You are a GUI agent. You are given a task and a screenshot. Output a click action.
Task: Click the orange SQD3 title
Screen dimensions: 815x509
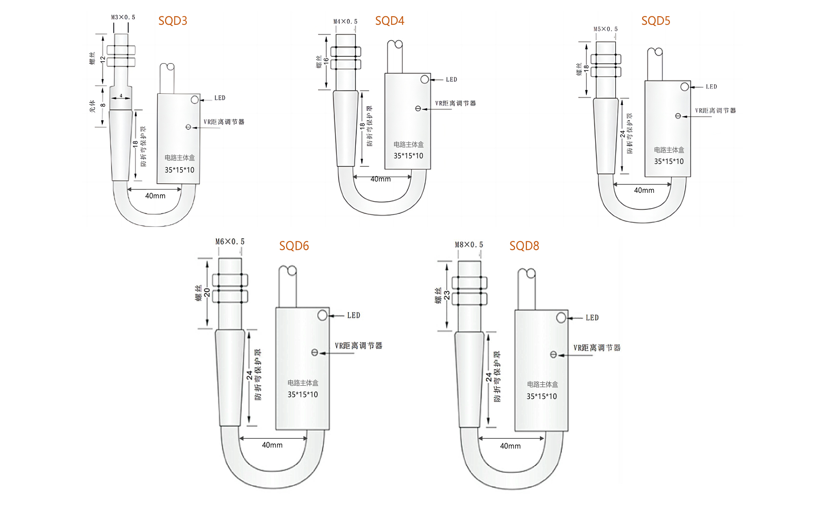[x=173, y=21]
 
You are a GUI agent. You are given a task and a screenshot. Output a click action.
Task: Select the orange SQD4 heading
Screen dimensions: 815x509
[x=389, y=21]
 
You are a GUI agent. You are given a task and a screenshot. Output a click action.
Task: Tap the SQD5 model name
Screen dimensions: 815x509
[x=655, y=21]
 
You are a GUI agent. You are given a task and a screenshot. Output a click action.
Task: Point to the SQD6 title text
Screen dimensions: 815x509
[x=294, y=246]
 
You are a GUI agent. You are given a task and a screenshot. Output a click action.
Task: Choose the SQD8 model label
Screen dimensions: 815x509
[x=524, y=246]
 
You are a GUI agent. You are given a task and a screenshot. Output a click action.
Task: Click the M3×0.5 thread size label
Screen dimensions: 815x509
[x=123, y=17]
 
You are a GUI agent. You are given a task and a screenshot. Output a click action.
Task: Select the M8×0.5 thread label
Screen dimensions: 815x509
[x=469, y=244]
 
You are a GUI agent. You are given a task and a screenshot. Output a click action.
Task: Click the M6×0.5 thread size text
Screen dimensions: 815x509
[x=230, y=241]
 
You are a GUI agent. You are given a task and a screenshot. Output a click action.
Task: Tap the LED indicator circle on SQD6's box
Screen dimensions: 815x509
[x=322, y=315]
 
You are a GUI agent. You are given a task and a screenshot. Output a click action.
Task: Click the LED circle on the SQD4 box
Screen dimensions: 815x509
[x=424, y=79]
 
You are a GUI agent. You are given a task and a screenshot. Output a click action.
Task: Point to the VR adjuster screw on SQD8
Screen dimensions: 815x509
[x=553, y=355]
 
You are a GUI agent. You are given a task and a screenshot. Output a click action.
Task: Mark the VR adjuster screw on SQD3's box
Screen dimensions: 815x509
[x=188, y=127]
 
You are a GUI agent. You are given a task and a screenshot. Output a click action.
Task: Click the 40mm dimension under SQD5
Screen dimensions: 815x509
[x=644, y=190]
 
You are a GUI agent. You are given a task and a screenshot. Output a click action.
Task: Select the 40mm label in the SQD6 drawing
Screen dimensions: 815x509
[x=272, y=445]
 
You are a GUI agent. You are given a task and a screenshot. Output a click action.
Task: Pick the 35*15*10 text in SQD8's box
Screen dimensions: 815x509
[x=541, y=396]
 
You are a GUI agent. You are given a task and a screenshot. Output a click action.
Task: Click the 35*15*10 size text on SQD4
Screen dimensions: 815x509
[x=408, y=156]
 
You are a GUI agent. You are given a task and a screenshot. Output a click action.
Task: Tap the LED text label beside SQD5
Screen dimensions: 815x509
[x=711, y=87]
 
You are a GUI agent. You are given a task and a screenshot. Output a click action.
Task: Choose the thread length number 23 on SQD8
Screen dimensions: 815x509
[x=447, y=295]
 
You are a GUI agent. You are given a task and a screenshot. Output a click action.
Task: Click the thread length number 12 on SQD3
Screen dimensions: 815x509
[x=103, y=60]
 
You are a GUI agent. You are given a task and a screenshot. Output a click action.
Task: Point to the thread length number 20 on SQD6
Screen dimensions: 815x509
[x=207, y=292]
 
